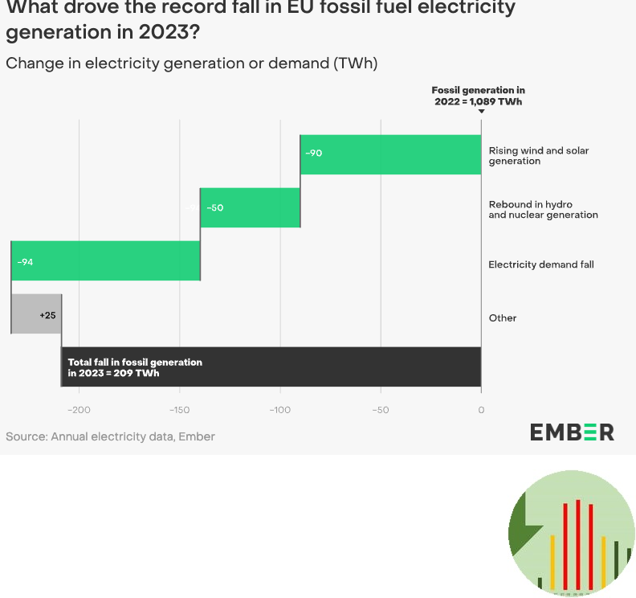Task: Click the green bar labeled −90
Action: pyautogui.click(x=390, y=154)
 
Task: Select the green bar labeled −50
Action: pyautogui.click(x=250, y=207)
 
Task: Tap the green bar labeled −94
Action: pyautogui.click(x=105, y=261)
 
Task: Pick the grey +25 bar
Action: pyautogui.click(x=36, y=314)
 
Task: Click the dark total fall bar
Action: pyautogui.click(x=271, y=367)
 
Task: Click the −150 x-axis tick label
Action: pyautogui.click(x=179, y=411)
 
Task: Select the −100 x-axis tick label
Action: pyautogui.click(x=279, y=411)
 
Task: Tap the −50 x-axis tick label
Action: pyautogui.click(x=380, y=411)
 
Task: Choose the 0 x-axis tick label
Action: pyautogui.click(x=481, y=411)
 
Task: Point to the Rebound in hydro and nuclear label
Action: pyautogui.click(x=543, y=210)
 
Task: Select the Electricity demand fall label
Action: pyautogui.click(x=541, y=264)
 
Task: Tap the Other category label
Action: pyautogui.click(x=503, y=318)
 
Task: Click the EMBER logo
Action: pyautogui.click(x=572, y=432)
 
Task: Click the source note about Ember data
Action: pyautogui.click(x=110, y=436)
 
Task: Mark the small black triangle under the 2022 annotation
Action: pyautogui.click(x=481, y=112)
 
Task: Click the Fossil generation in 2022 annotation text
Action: pyautogui.click(x=478, y=96)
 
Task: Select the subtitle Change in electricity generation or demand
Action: pyautogui.click(x=191, y=63)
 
